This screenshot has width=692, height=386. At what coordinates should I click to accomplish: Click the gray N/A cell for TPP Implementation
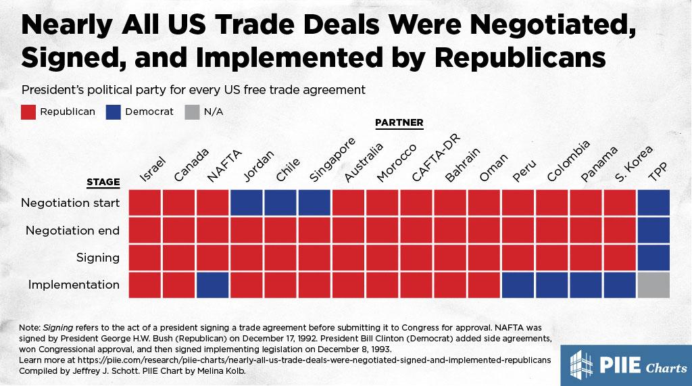pos(653,285)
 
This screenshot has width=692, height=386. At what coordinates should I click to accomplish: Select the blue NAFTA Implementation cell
pos(213,285)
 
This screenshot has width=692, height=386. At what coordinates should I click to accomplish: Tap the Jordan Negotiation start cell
pos(247,203)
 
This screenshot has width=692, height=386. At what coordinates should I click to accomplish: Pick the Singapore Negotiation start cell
pos(314,203)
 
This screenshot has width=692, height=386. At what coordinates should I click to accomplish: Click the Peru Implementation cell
pos(518,285)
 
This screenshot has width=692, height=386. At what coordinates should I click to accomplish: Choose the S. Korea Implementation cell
pos(620,285)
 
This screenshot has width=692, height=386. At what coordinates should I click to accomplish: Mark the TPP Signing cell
pos(653,258)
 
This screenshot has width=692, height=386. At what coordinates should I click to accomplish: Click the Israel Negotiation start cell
pos(145,203)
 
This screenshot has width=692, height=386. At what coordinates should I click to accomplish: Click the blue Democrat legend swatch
pos(114,112)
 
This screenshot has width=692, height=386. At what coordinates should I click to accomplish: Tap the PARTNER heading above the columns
pos(399,122)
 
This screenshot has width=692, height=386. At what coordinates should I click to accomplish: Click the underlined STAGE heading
pos(103,182)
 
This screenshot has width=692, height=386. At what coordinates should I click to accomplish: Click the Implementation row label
pos(74,285)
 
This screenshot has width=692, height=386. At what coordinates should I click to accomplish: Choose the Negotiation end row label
pos(72,231)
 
